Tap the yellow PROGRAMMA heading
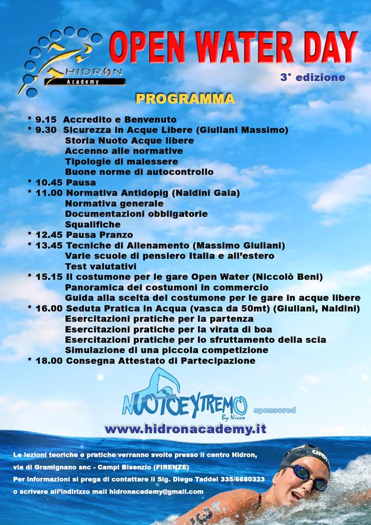click(x=185, y=98)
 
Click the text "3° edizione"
click(x=313, y=77)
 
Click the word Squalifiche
click(x=93, y=224)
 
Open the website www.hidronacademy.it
click(x=185, y=429)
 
